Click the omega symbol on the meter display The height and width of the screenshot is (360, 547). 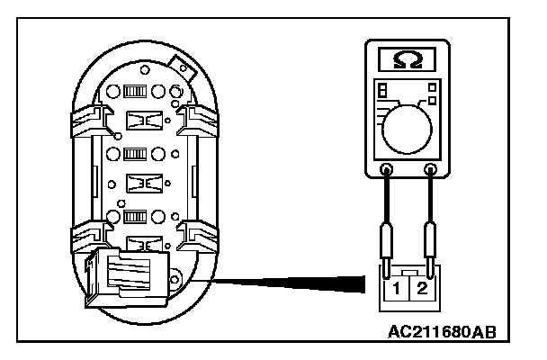coord(408,60)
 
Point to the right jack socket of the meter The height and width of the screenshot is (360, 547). coord(430,168)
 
